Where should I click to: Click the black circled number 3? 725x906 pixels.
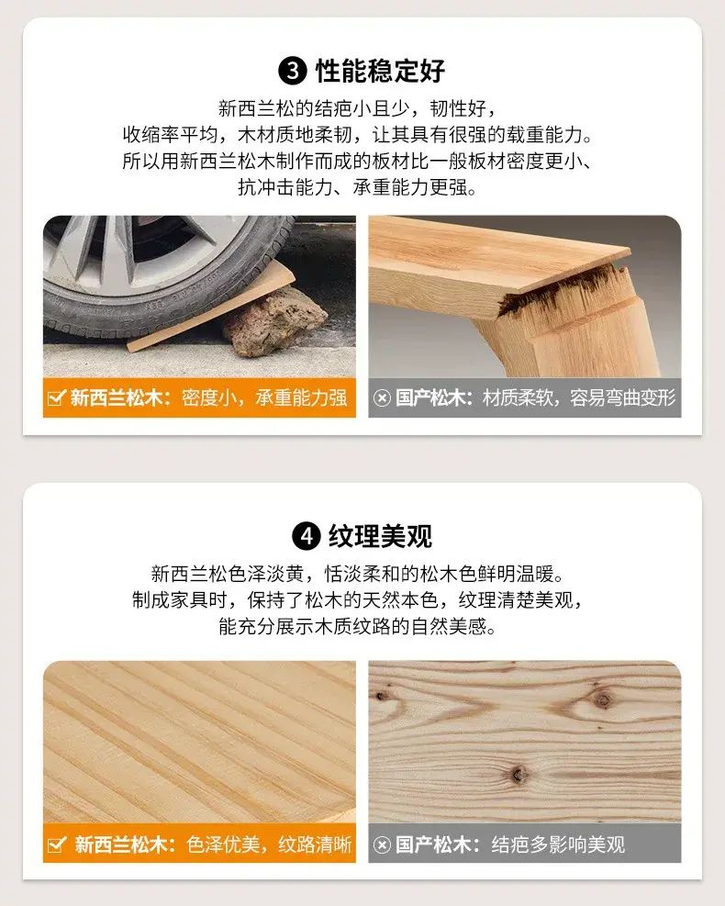pyautogui.click(x=293, y=71)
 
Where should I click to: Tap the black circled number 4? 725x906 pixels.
pyautogui.click(x=307, y=536)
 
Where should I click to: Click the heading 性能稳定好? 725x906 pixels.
pyautogui.click(x=380, y=71)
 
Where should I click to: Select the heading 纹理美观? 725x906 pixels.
pyautogui.click(x=381, y=536)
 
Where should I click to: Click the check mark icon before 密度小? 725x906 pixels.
pyautogui.click(x=56, y=398)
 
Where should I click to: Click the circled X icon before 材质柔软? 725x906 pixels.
pyautogui.click(x=382, y=398)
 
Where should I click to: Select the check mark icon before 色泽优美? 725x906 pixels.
pyautogui.click(x=56, y=844)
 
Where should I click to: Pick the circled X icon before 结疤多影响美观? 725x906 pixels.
pyautogui.click(x=382, y=844)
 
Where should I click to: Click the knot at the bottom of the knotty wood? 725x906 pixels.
pyautogui.click(x=519, y=774)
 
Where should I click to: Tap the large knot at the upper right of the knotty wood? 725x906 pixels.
pyautogui.click(x=603, y=701)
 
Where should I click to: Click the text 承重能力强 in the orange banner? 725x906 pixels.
pyautogui.click(x=302, y=398)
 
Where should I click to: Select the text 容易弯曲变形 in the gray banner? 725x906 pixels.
pyautogui.click(x=623, y=398)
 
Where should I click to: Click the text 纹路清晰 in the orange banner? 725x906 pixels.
pyautogui.click(x=315, y=844)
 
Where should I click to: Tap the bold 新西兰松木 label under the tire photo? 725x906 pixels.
pyautogui.click(x=120, y=398)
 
